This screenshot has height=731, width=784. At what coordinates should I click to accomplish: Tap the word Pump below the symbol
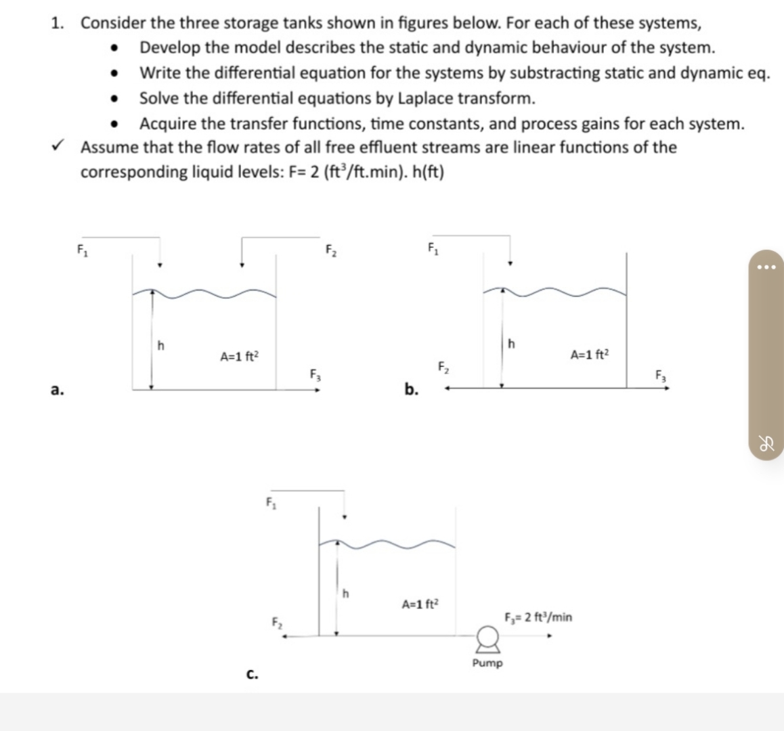click(487, 663)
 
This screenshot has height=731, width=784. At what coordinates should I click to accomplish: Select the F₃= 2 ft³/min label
click(538, 617)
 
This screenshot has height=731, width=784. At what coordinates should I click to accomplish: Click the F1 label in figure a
click(82, 249)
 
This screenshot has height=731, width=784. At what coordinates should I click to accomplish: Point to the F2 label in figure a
click(330, 250)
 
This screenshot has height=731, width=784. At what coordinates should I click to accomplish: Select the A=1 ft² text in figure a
click(239, 355)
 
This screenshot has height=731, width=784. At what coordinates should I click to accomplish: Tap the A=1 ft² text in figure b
click(590, 354)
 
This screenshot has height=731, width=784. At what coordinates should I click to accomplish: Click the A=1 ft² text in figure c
click(420, 604)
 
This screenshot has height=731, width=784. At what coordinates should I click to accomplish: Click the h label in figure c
click(345, 594)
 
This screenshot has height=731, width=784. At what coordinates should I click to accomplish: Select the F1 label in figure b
click(433, 247)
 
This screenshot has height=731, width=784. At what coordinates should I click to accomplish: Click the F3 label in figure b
click(661, 374)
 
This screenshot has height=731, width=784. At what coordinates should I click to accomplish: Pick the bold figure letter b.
click(411, 389)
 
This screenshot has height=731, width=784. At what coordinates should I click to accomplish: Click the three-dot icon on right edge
click(766, 266)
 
